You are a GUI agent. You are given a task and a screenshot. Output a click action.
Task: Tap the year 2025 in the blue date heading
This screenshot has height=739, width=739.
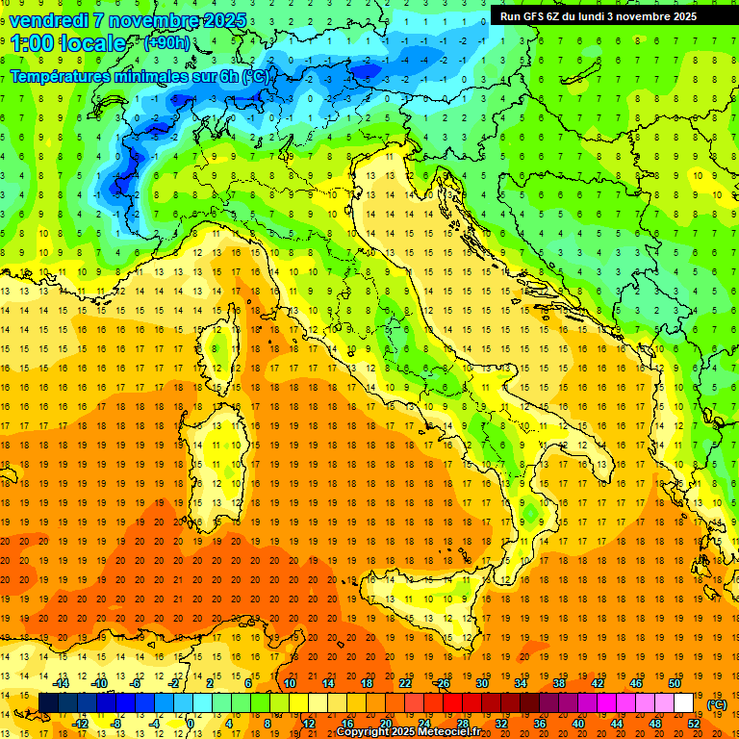point(223,20)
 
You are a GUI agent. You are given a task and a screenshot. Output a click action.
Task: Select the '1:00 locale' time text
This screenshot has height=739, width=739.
point(67,43)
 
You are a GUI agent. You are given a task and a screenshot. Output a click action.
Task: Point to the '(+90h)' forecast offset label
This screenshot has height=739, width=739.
point(166,43)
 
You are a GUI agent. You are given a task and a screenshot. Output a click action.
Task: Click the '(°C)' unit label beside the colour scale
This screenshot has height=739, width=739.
point(717,704)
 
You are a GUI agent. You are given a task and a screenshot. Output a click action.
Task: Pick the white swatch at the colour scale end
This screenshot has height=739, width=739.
point(683,703)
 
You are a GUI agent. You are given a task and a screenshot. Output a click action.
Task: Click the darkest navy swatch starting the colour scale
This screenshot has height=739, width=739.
point(48,703)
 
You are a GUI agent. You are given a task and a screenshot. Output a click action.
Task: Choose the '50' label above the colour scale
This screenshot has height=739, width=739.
point(674,683)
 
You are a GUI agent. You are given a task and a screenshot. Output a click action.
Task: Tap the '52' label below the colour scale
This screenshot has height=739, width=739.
point(694,724)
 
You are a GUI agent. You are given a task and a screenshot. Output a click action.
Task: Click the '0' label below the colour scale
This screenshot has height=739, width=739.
point(191,724)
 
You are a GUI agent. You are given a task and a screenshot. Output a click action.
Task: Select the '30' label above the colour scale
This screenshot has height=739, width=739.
point(481,683)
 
